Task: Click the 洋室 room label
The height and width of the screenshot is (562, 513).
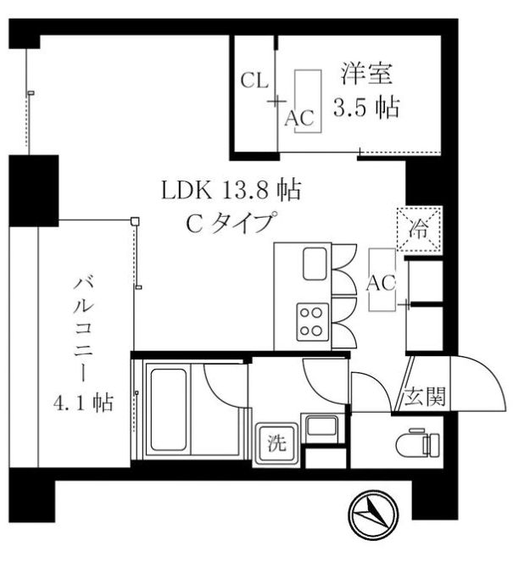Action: [x=365, y=75]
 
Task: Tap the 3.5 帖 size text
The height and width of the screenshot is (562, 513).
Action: [x=365, y=109]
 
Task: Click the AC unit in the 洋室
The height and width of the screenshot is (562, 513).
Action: [x=307, y=101]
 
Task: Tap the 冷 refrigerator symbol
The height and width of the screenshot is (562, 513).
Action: [x=419, y=228]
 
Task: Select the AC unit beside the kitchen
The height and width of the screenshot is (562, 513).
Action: [x=382, y=283]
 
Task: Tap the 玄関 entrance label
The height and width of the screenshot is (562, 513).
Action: [x=419, y=395]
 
